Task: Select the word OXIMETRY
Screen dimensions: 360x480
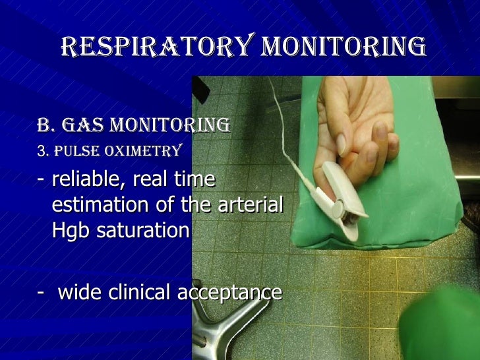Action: [x=146, y=152]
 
